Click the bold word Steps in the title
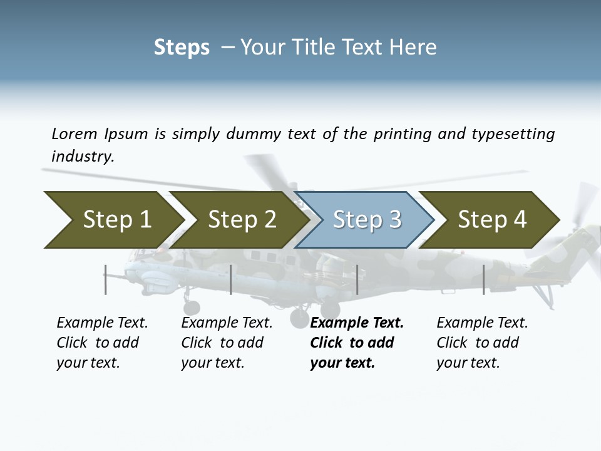(182, 47)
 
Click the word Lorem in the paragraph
(74, 133)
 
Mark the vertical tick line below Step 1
(105, 279)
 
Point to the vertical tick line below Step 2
(231, 279)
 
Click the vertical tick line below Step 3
(357, 279)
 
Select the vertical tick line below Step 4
(483, 279)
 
